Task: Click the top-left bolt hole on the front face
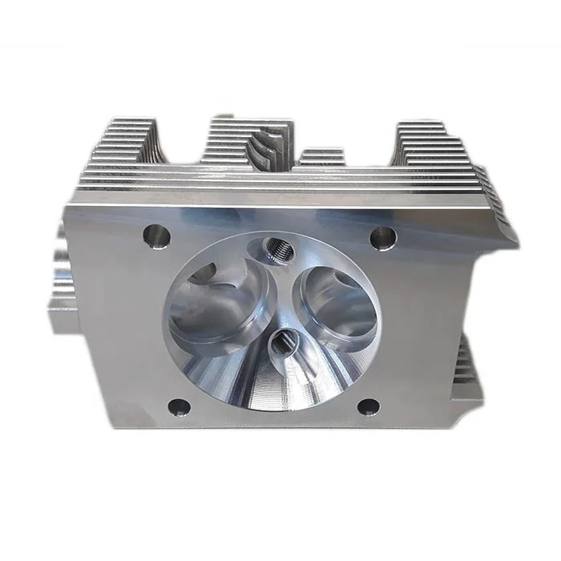click(x=156, y=236)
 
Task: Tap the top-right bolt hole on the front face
click(x=383, y=237)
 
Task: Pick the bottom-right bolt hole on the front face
click(x=368, y=407)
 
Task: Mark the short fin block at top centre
click(x=322, y=158)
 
